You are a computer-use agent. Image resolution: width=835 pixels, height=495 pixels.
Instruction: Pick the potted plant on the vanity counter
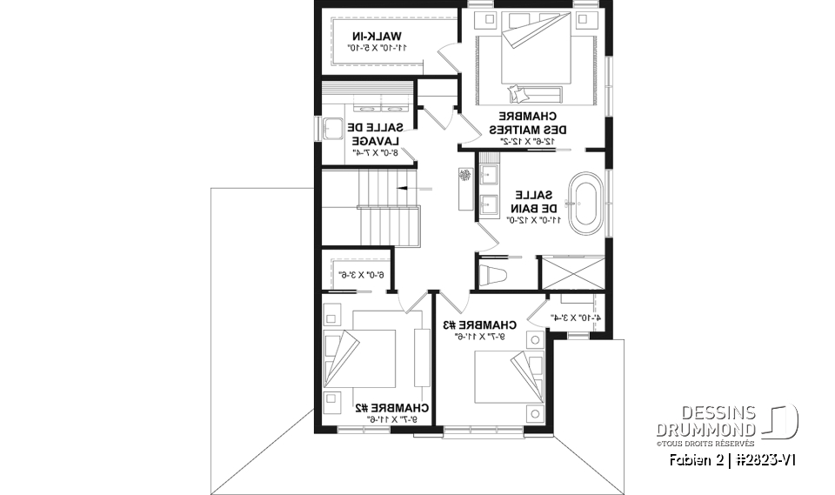point(464,176)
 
